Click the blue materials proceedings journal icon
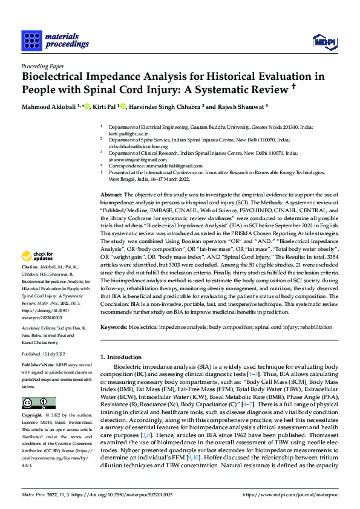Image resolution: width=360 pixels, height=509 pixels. [x=30, y=41]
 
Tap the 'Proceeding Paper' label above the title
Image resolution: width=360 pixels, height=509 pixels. [x=42, y=66]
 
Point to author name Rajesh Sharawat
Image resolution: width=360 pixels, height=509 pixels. [x=238, y=108]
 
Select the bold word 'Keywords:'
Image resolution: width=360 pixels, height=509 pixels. [x=114, y=326]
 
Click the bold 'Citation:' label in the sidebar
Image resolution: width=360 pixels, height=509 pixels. [x=30, y=284]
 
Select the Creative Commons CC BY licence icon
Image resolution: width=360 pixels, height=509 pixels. [x=38, y=403]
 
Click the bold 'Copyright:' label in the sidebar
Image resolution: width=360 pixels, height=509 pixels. [x=32, y=416]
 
